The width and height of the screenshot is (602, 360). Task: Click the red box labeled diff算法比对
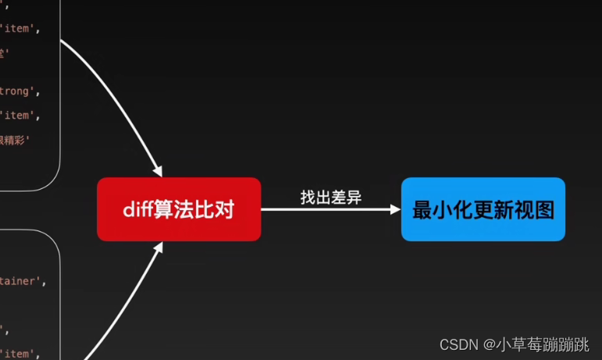(x=179, y=209)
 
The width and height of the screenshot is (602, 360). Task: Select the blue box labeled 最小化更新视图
(x=483, y=209)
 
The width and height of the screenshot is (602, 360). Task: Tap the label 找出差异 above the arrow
(x=331, y=197)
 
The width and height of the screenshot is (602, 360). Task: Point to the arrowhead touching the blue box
(x=394, y=209)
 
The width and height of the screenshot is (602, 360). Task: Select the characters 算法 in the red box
(x=174, y=209)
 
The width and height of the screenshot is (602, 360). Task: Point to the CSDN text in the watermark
(x=458, y=344)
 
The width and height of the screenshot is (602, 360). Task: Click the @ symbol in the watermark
(x=489, y=344)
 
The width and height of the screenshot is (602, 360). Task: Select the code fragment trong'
(x=17, y=91)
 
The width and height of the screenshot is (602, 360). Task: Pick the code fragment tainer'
(x=22, y=281)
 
